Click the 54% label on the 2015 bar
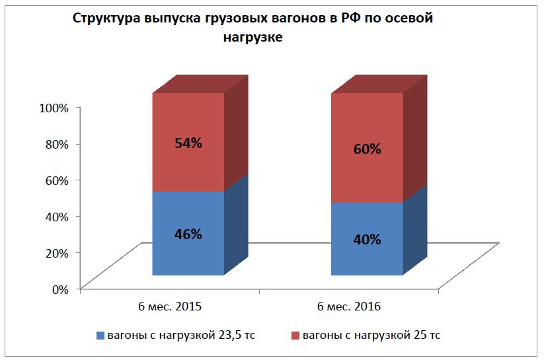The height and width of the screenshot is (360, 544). pyautogui.click(x=188, y=143)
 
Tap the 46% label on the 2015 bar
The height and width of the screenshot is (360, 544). pyautogui.click(x=188, y=234)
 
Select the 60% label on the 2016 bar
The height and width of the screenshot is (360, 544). pyautogui.click(x=367, y=149)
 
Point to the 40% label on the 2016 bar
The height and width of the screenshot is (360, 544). pyautogui.click(x=367, y=239)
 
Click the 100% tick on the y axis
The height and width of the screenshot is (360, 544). pyautogui.click(x=54, y=108)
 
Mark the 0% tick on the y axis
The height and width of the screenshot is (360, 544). pyautogui.click(x=59, y=289)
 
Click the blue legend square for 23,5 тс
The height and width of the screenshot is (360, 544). pyautogui.click(x=100, y=336)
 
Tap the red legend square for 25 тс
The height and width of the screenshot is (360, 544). pyautogui.click(x=295, y=336)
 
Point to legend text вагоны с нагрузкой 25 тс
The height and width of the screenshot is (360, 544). pyautogui.click(x=371, y=336)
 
